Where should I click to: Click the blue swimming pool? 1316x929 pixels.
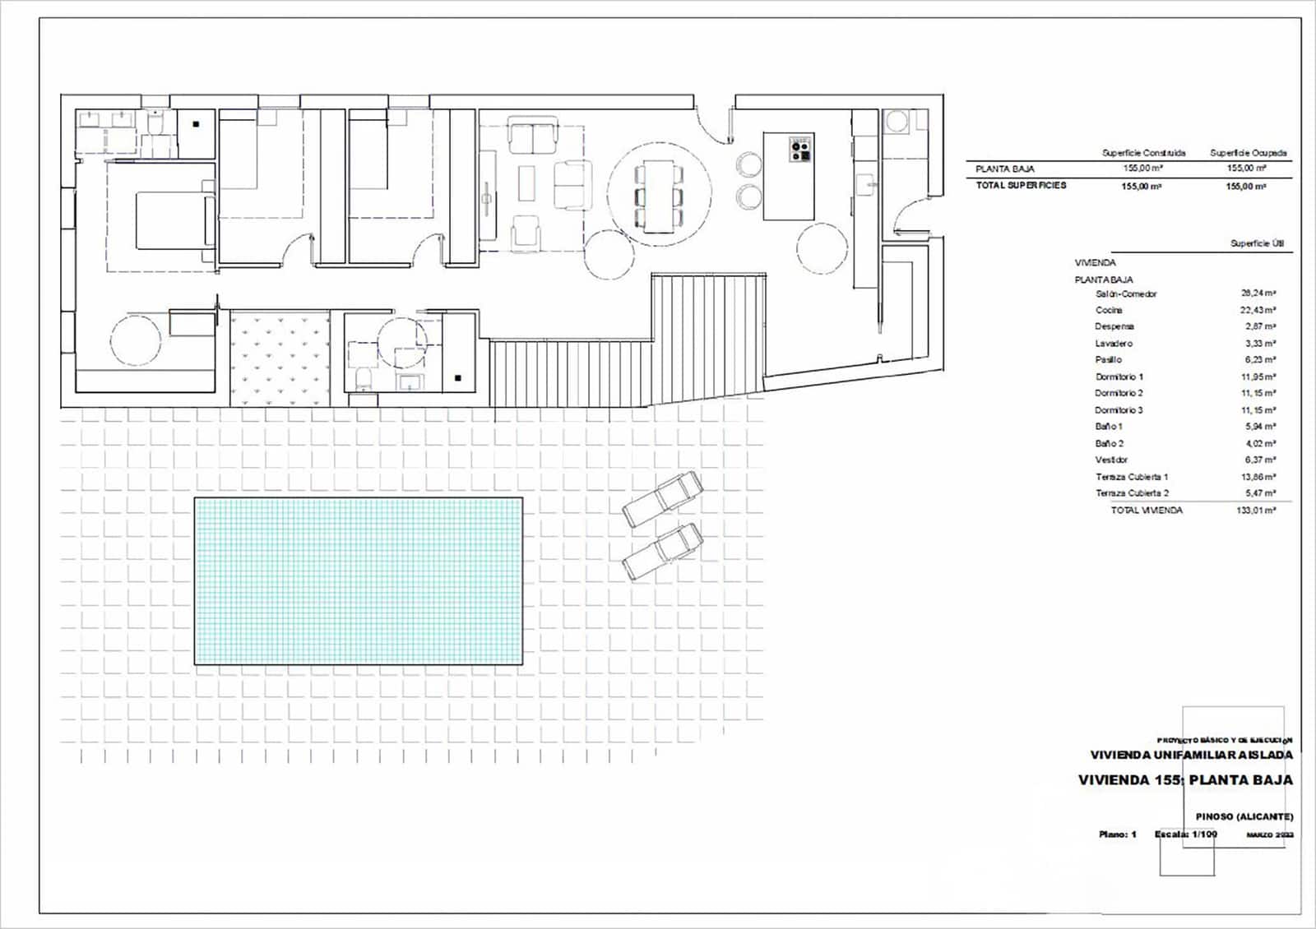[359, 580]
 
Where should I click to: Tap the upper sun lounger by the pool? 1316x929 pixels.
[662, 499]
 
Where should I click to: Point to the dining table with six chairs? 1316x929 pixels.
[658, 196]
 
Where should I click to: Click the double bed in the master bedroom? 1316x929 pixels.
[169, 220]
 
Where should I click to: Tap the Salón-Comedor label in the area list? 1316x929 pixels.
[1126, 293]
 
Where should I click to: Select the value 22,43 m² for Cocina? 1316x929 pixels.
[1258, 310]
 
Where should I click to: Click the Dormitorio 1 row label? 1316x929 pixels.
[1119, 377]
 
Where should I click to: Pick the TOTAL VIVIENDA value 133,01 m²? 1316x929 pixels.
[1255, 511]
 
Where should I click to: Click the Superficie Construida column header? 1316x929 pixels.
[1143, 153]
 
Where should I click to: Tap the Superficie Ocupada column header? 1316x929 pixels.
[1248, 153]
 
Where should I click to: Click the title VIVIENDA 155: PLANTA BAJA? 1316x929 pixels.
[1184, 780]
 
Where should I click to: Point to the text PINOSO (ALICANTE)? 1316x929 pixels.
[1244, 816]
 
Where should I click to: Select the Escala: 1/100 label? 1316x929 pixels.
[1185, 834]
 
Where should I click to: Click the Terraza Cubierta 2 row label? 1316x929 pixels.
[1132, 493]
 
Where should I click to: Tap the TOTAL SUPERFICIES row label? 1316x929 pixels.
[1021, 186]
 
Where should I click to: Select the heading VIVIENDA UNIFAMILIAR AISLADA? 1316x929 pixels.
[1191, 755]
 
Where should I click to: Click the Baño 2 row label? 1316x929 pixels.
[1109, 443]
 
